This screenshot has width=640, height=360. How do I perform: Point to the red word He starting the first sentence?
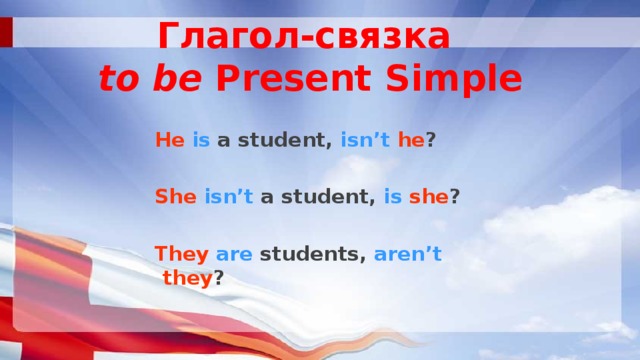(x=169, y=141)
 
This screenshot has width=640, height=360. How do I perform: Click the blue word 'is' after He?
(x=200, y=141)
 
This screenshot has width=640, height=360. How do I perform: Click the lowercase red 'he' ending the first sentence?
(x=410, y=141)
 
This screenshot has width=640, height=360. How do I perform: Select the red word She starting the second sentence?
(x=176, y=197)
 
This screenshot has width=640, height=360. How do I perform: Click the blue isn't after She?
(x=229, y=197)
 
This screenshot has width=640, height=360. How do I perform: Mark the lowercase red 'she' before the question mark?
(x=431, y=197)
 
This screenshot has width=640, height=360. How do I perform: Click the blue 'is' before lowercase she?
(x=392, y=197)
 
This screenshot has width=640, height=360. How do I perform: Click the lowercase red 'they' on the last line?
(x=187, y=279)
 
